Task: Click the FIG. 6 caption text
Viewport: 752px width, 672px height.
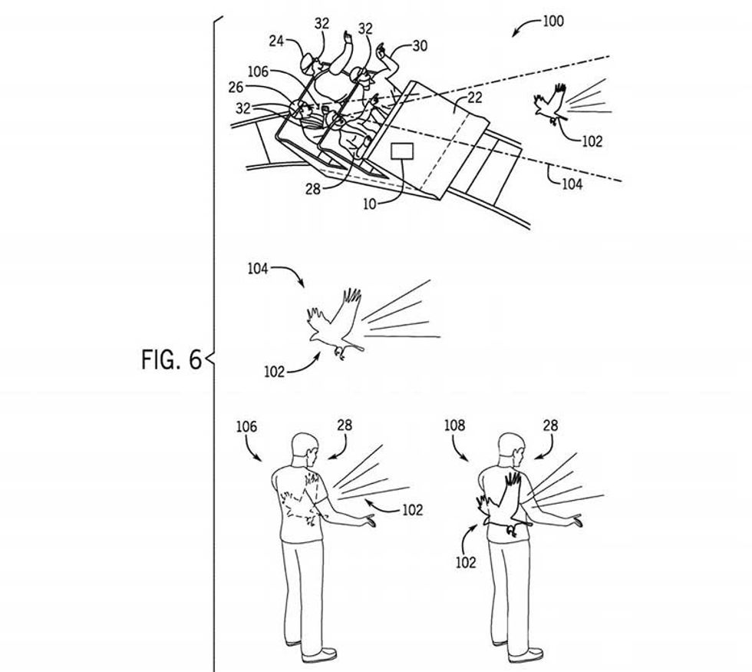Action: coord(170,359)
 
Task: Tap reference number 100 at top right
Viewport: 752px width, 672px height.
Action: coord(552,21)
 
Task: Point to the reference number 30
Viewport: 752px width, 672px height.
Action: coord(420,46)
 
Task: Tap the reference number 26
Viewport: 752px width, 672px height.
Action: coord(236,88)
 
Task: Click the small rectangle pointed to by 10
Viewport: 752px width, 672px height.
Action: coord(403,150)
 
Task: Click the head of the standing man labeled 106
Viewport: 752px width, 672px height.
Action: coord(305,448)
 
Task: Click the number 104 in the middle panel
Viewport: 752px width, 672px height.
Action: coord(258,269)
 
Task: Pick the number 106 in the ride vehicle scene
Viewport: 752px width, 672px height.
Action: coord(258,71)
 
